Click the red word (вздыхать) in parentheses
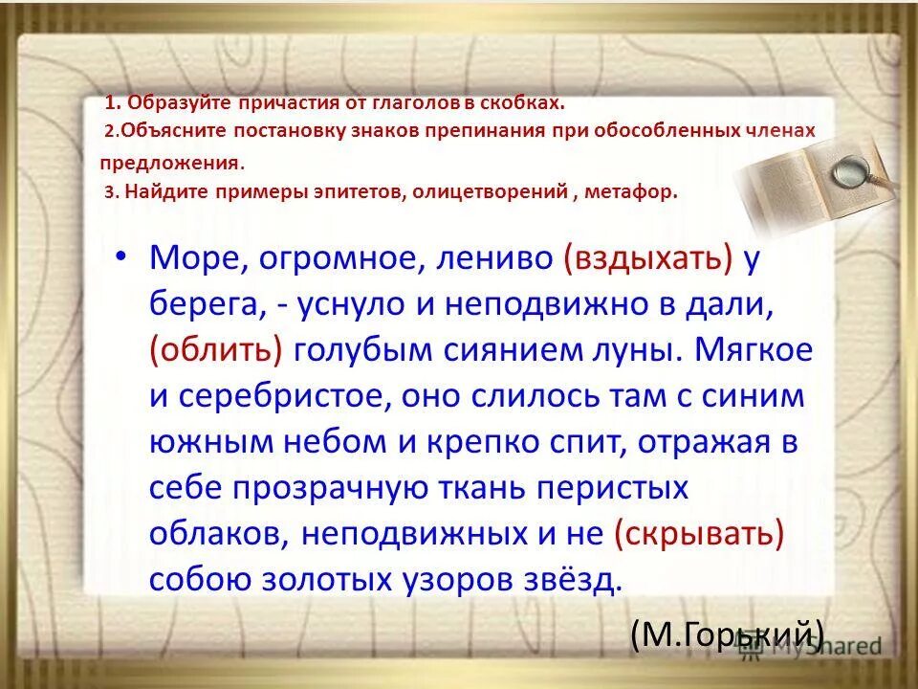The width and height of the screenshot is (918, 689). [647, 257]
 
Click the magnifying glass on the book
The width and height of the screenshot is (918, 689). [848, 173]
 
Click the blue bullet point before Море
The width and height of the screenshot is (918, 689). [120, 258]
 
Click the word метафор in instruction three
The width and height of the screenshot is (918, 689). [640, 190]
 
